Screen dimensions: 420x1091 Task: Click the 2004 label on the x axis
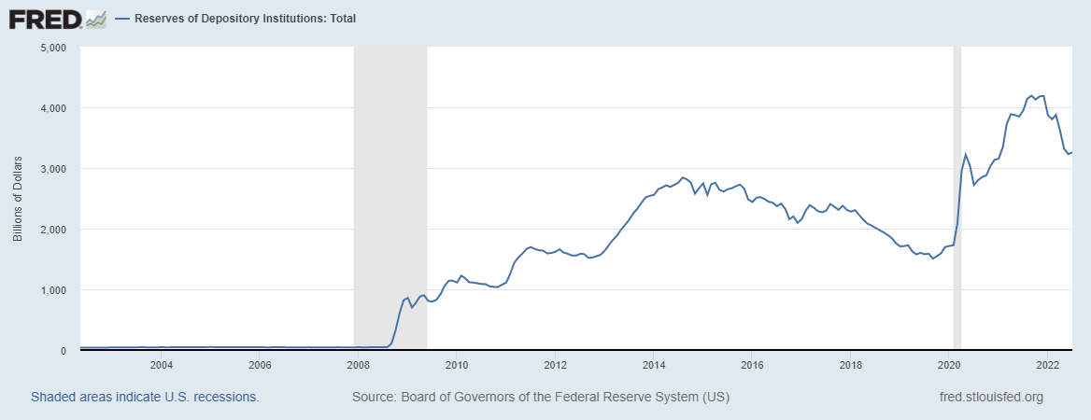[x=162, y=364]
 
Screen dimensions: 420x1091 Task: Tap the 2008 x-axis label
[x=358, y=364]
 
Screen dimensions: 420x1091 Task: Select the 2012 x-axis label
[x=556, y=364]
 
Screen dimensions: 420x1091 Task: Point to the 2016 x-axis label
[x=753, y=364]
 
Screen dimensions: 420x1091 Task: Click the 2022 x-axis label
[x=1048, y=364]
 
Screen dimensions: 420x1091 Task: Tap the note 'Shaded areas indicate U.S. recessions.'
[x=145, y=398]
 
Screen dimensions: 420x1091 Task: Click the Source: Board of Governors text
[x=540, y=398]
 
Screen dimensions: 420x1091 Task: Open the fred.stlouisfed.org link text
[x=990, y=398]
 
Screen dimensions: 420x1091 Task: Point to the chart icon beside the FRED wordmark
[x=95, y=18]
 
